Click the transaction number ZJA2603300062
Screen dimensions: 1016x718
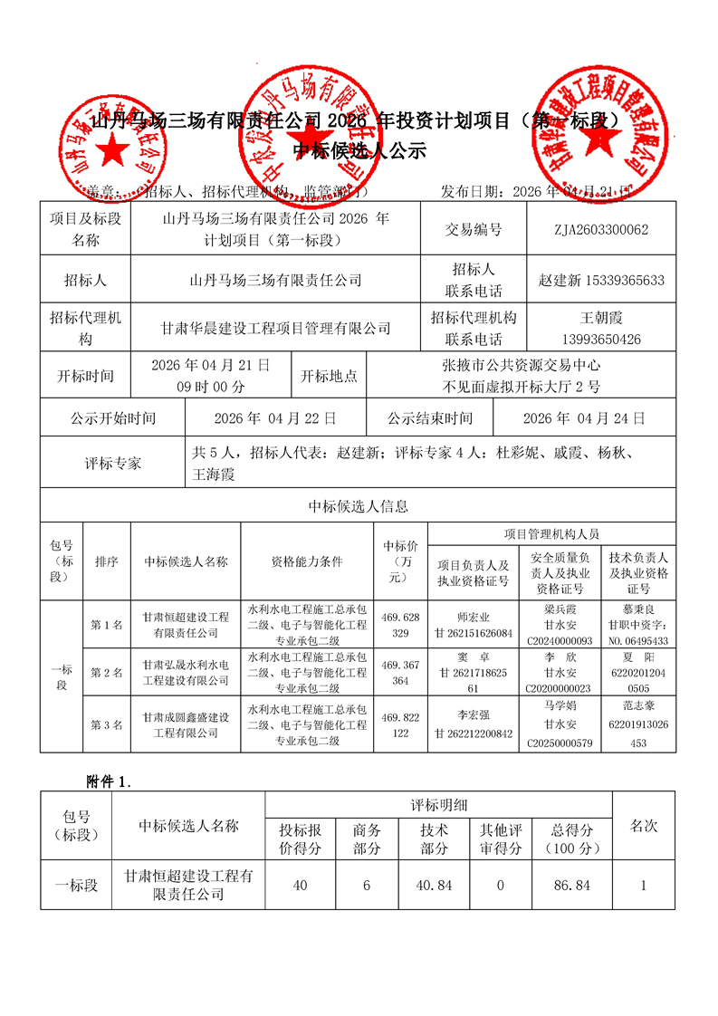pyautogui.click(x=601, y=230)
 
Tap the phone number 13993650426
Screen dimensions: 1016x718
pyautogui.click(x=601, y=340)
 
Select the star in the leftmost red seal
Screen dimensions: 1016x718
pyautogui.click(x=114, y=151)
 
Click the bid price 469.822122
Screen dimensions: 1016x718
pyautogui.click(x=400, y=724)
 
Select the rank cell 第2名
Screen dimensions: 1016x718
pyautogui.click(x=106, y=673)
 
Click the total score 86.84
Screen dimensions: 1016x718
pyautogui.click(x=570, y=885)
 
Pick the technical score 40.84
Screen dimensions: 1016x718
pyautogui.click(x=434, y=885)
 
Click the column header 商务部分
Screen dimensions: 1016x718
pyautogui.click(x=366, y=839)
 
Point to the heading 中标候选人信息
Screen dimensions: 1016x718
pyautogui.click(x=359, y=506)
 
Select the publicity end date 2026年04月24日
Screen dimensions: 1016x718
pyautogui.click(x=584, y=418)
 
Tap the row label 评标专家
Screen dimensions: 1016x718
pyautogui.click(x=112, y=463)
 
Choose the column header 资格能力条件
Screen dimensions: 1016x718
pyautogui.click(x=307, y=561)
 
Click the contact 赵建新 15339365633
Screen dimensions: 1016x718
pyautogui.click(x=601, y=281)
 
